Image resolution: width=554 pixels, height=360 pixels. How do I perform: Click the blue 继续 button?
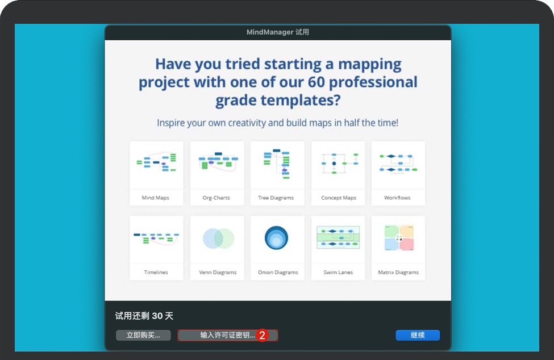point(418,335)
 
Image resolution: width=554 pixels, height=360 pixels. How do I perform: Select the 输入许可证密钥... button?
point(227,335)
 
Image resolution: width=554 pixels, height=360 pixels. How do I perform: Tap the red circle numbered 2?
point(262,335)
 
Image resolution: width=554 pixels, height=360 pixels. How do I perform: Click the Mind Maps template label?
point(156,198)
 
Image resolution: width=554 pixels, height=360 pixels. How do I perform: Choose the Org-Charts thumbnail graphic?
point(218,162)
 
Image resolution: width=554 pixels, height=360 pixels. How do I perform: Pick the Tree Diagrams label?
point(276,198)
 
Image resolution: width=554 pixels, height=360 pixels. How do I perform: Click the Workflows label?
point(398,198)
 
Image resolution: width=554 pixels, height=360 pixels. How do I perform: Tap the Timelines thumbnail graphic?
point(156,238)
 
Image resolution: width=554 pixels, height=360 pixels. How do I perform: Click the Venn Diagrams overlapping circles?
point(218,238)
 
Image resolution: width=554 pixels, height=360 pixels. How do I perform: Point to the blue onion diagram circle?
point(276,237)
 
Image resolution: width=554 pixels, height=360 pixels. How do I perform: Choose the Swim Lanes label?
point(338,272)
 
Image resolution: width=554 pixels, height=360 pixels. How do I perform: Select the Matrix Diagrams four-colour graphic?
point(399,238)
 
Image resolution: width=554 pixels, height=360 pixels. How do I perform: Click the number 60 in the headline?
point(316,82)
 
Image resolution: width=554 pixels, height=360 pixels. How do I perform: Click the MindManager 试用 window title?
point(278,32)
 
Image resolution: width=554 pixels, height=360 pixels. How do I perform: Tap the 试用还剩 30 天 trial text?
point(144,316)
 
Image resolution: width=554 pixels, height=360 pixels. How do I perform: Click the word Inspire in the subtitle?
point(170,123)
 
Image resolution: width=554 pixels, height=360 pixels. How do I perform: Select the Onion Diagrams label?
point(278,272)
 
